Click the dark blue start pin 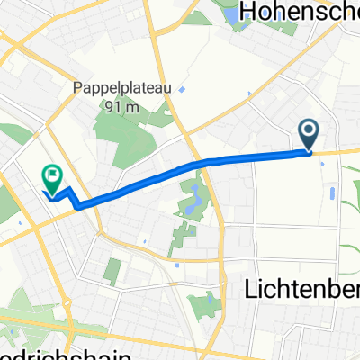(308, 136)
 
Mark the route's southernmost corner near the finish (81, 207)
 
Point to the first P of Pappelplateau (77, 89)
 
